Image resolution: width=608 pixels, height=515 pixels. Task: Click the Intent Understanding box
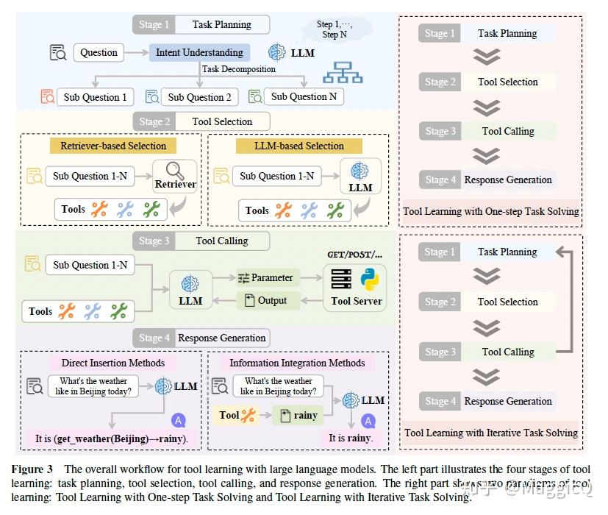pyautogui.click(x=199, y=53)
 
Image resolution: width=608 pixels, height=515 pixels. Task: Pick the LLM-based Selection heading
pyautogui.click(x=289, y=146)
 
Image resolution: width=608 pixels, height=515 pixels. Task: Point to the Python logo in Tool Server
pyautogui.click(x=369, y=280)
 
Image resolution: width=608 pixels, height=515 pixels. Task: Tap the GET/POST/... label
pyautogui.click(x=355, y=255)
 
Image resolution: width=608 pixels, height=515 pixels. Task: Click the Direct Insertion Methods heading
pyautogui.click(x=113, y=363)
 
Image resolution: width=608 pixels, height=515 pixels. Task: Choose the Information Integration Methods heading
pyautogui.click(x=297, y=363)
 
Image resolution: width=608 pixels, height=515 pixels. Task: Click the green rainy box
pyautogui.click(x=298, y=415)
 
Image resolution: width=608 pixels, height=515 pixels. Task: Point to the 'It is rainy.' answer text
pyautogui.click(x=350, y=438)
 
